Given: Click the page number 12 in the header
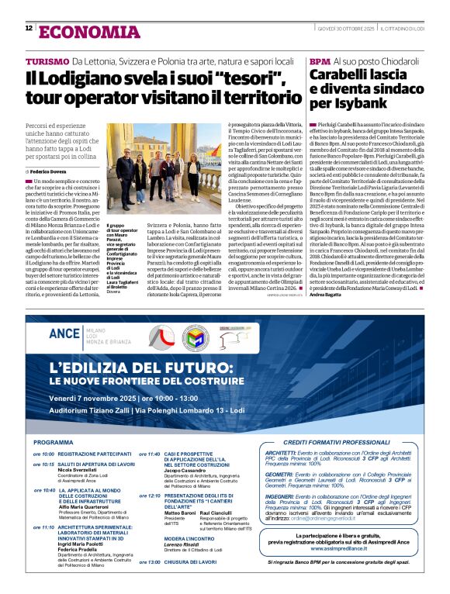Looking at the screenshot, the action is pyautogui.click(x=29, y=28).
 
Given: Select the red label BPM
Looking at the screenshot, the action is pyautogui.click(x=319, y=61).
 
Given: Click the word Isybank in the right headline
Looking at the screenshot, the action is pyautogui.click(x=355, y=102).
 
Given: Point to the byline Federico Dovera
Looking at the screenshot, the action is pyautogui.click(x=50, y=170).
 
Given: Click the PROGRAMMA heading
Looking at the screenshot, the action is pyautogui.click(x=54, y=442).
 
